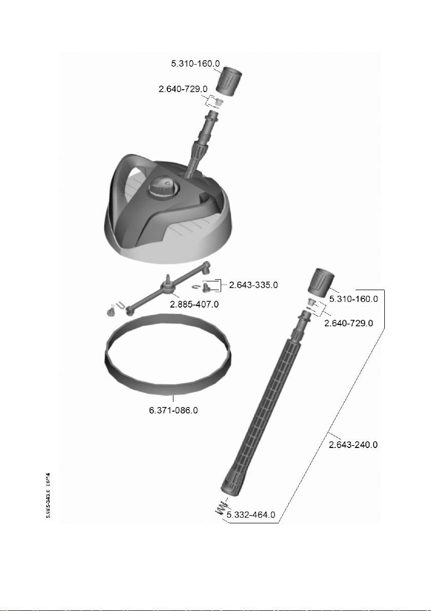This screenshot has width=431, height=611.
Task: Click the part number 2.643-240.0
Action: [x=353, y=445]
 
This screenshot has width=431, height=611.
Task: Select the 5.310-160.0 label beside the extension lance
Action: [x=353, y=298]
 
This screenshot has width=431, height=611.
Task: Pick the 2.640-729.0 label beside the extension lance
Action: [x=348, y=323]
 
